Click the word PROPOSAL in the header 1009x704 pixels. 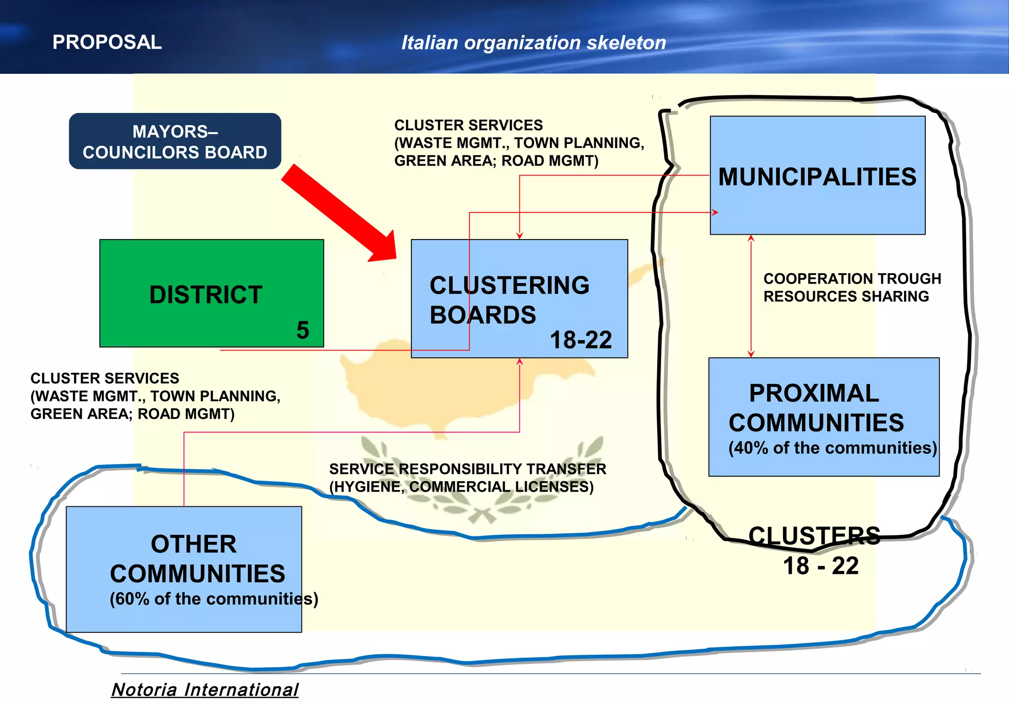coord(107,42)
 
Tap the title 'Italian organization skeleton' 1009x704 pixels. coord(534,43)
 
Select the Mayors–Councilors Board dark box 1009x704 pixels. coord(175,141)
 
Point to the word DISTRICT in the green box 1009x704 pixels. coord(205,295)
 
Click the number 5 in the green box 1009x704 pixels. coord(303,330)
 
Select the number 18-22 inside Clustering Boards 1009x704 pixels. coord(580,340)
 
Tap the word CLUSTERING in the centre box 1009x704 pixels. coord(509,285)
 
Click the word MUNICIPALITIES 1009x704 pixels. coord(817,176)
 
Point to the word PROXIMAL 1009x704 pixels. coord(814,393)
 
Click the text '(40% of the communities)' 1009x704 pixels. coord(833,448)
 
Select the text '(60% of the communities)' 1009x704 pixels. coord(214,598)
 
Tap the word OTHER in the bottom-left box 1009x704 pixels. coord(194,544)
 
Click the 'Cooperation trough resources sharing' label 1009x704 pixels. coord(852,287)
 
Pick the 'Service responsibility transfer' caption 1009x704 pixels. coord(467,477)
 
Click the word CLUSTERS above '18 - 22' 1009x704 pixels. coord(814,535)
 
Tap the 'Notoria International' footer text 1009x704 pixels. coord(205,689)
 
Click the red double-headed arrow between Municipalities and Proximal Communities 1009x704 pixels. coord(751,296)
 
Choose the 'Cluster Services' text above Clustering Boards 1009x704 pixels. coord(519,143)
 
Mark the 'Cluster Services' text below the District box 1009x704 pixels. coord(155,396)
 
